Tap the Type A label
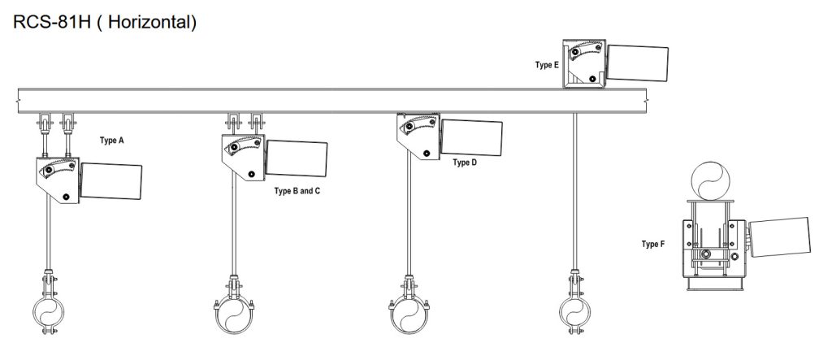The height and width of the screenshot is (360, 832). click(111, 141)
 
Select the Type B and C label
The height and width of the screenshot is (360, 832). click(297, 191)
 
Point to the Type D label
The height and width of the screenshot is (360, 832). click(465, 163)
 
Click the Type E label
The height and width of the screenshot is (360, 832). click(547, 65)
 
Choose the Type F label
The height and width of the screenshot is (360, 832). click(653, 245)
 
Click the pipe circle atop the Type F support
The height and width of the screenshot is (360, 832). click(710, 180)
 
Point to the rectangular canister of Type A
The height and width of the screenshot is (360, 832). click(110, 181)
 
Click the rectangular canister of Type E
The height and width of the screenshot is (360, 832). click(637, 63)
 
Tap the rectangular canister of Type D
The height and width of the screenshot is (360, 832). click(472, 137)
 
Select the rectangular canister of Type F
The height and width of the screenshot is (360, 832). click(779, 236)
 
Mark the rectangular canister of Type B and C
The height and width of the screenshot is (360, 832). click(297, 158)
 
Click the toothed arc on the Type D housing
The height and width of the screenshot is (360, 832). click(420, 125)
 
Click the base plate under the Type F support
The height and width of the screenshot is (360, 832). click(710, 287)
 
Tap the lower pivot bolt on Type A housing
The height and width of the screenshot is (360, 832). click(66, 197)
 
